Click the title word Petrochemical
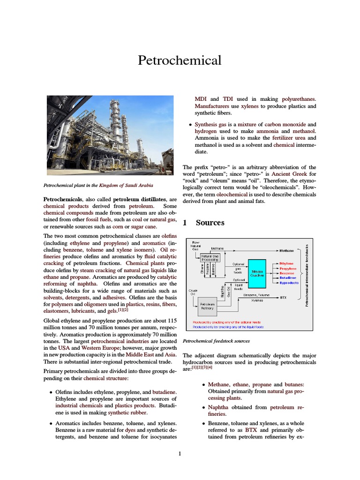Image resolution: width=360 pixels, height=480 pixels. (180, 60)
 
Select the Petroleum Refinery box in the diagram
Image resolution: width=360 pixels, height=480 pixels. (207, 307)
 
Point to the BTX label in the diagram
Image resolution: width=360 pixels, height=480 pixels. (283, 297)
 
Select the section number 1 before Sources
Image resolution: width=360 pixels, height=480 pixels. (185, 223)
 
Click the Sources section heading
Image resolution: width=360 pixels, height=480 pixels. (210, 223)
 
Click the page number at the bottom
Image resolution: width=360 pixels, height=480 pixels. (180, 453)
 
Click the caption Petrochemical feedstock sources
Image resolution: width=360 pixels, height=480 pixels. (216, 341)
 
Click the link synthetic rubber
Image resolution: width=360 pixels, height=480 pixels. (127, 412)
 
